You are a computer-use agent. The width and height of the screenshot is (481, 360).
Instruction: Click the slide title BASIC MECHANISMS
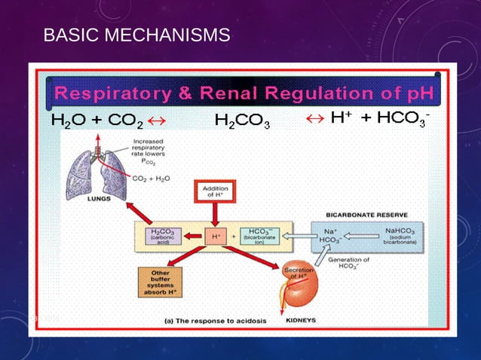136,35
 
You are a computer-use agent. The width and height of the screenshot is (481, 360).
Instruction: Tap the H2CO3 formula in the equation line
242,121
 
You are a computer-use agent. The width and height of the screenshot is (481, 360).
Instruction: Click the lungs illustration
98,172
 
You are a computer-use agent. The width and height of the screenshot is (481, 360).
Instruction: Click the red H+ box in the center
216,236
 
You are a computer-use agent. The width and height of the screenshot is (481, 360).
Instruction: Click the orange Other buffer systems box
161,282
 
